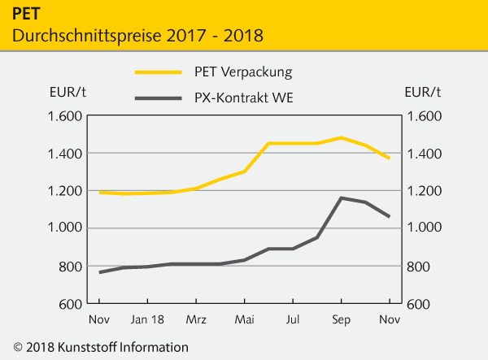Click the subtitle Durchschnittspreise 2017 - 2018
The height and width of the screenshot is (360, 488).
pos(137,36)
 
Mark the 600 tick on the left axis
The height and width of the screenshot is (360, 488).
pos(67,304)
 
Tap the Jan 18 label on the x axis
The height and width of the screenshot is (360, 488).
pos(148,319)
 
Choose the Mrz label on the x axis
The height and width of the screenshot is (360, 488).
pos(197,319)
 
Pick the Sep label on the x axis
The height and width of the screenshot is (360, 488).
pos(341,319)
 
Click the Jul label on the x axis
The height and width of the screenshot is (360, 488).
pos(293,319)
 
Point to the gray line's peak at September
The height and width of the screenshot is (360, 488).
pos(342,197)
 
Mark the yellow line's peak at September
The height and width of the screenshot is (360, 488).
pos(342,137)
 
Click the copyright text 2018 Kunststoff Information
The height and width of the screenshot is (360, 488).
pos(101,347)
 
